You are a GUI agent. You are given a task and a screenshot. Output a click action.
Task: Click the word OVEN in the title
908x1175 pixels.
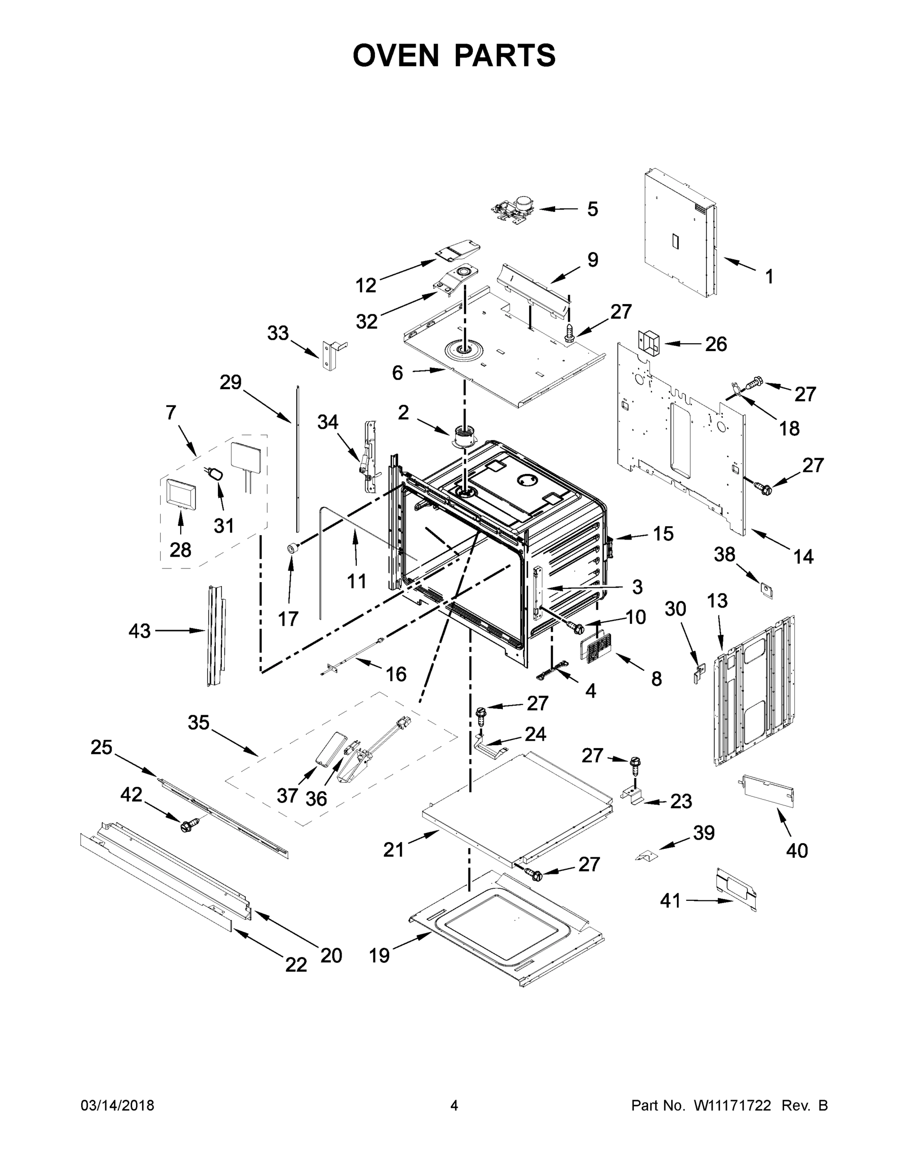click(396, 55)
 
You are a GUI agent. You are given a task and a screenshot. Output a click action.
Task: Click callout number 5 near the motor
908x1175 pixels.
click(592, 209)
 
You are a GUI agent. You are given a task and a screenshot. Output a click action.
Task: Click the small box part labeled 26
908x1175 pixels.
click(649, 343)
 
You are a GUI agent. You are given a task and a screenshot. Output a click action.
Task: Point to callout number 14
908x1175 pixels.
click(803, 556)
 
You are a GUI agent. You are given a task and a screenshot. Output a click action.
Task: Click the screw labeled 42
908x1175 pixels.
click(190, 825)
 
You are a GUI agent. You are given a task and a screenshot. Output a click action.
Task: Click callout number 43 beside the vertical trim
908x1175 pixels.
click(140, 631)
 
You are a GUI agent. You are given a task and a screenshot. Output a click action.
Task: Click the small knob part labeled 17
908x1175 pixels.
click(293, 548)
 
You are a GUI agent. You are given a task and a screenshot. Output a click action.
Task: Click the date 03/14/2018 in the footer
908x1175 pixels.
click(117, 1105)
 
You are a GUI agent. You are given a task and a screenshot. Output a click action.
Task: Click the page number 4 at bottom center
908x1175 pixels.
click(454, 1105)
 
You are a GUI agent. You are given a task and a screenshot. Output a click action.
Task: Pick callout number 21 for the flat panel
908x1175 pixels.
click(393, 849)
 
